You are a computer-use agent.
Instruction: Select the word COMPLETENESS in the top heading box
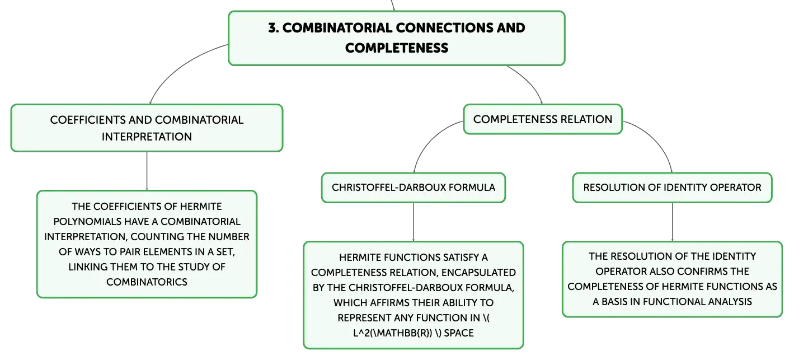coord(397,48)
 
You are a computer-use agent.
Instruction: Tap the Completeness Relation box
coord(543,119)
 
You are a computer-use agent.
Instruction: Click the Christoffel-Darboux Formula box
coord(414,188)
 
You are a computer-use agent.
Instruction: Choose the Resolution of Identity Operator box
coord(672,188)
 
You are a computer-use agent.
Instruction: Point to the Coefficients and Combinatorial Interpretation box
coord(147,128)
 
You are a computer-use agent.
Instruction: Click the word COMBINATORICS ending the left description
coord(147,282)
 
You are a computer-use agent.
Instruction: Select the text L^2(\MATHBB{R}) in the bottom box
coord(393,333)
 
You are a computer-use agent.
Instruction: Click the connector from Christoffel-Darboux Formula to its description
coord(414,222)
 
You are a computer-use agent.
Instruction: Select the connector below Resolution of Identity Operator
coord(672,222)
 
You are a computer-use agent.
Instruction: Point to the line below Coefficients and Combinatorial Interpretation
coord(147,171)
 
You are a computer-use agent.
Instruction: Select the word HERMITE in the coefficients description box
coord(201,207)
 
